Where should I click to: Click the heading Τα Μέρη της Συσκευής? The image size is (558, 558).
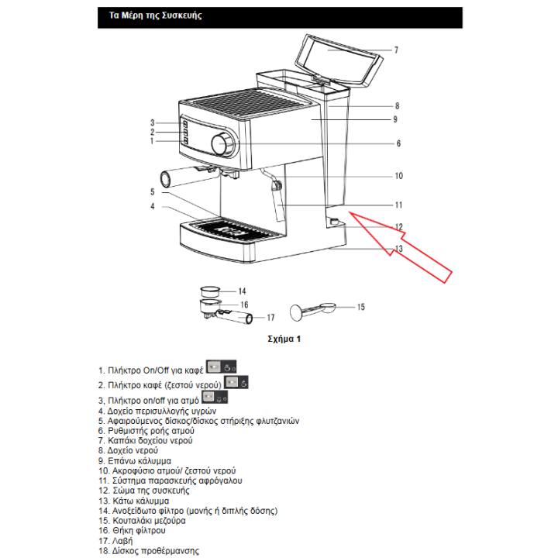tap(152, 16)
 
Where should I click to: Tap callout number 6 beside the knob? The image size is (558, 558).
tap(398, 143)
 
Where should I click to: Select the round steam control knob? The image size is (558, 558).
tap(222, 143)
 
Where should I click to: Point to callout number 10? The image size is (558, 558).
tap(398, 176)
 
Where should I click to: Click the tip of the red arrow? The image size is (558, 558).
tap(349, 212)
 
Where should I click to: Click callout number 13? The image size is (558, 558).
tap(398, 249)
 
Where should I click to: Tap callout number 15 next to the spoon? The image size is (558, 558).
tap(360, 308)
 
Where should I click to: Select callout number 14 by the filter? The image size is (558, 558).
tap(242, 291)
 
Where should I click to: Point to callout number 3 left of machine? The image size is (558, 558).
tap(153, 122)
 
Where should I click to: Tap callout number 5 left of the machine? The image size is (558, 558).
tap(153, 191)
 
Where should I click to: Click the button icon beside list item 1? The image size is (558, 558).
tap(222, 368)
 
